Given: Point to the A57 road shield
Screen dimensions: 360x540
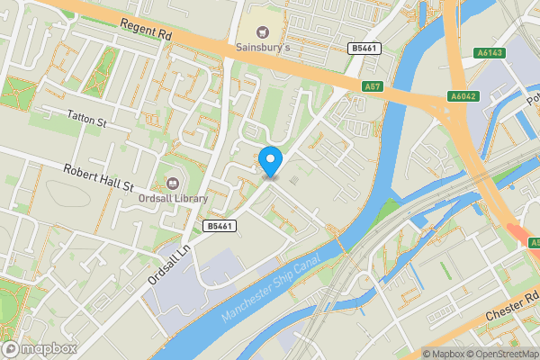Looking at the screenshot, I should (373, 86).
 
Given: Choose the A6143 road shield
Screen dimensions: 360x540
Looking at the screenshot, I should (490, 53).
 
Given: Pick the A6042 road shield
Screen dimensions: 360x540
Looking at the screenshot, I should (462, 96).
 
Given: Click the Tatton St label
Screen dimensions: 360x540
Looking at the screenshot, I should (86, 116).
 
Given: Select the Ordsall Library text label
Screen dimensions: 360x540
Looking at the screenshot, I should (173, 199).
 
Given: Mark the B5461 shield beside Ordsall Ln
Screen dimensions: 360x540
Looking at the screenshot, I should (220, 226).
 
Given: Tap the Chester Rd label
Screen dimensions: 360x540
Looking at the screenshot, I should (512, 305).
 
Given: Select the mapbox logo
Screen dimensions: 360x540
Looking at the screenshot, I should (38, 348).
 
